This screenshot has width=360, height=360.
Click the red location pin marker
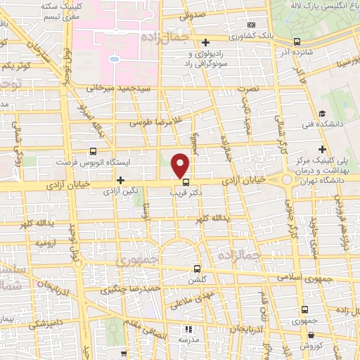pos(181,165)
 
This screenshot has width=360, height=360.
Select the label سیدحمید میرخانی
pos(125,90)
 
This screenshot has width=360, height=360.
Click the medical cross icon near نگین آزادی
pos(120,180)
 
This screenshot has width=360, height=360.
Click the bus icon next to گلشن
pos(197,268)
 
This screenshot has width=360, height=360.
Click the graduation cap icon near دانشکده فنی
pos(322,114)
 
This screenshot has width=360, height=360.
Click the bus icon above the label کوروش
pos(304,309)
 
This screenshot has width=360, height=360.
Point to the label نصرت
pos(249,89)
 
